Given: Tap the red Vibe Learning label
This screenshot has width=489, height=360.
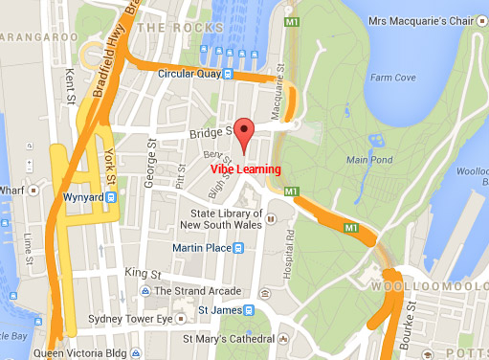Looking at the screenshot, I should [246, 169].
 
